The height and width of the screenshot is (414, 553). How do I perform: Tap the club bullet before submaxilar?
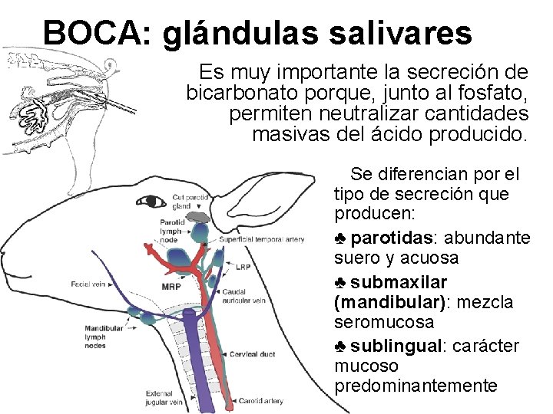coord(343,281)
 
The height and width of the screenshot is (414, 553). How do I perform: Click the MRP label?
coord(171,287)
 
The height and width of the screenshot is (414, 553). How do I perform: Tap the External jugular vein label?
coord(163,398)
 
